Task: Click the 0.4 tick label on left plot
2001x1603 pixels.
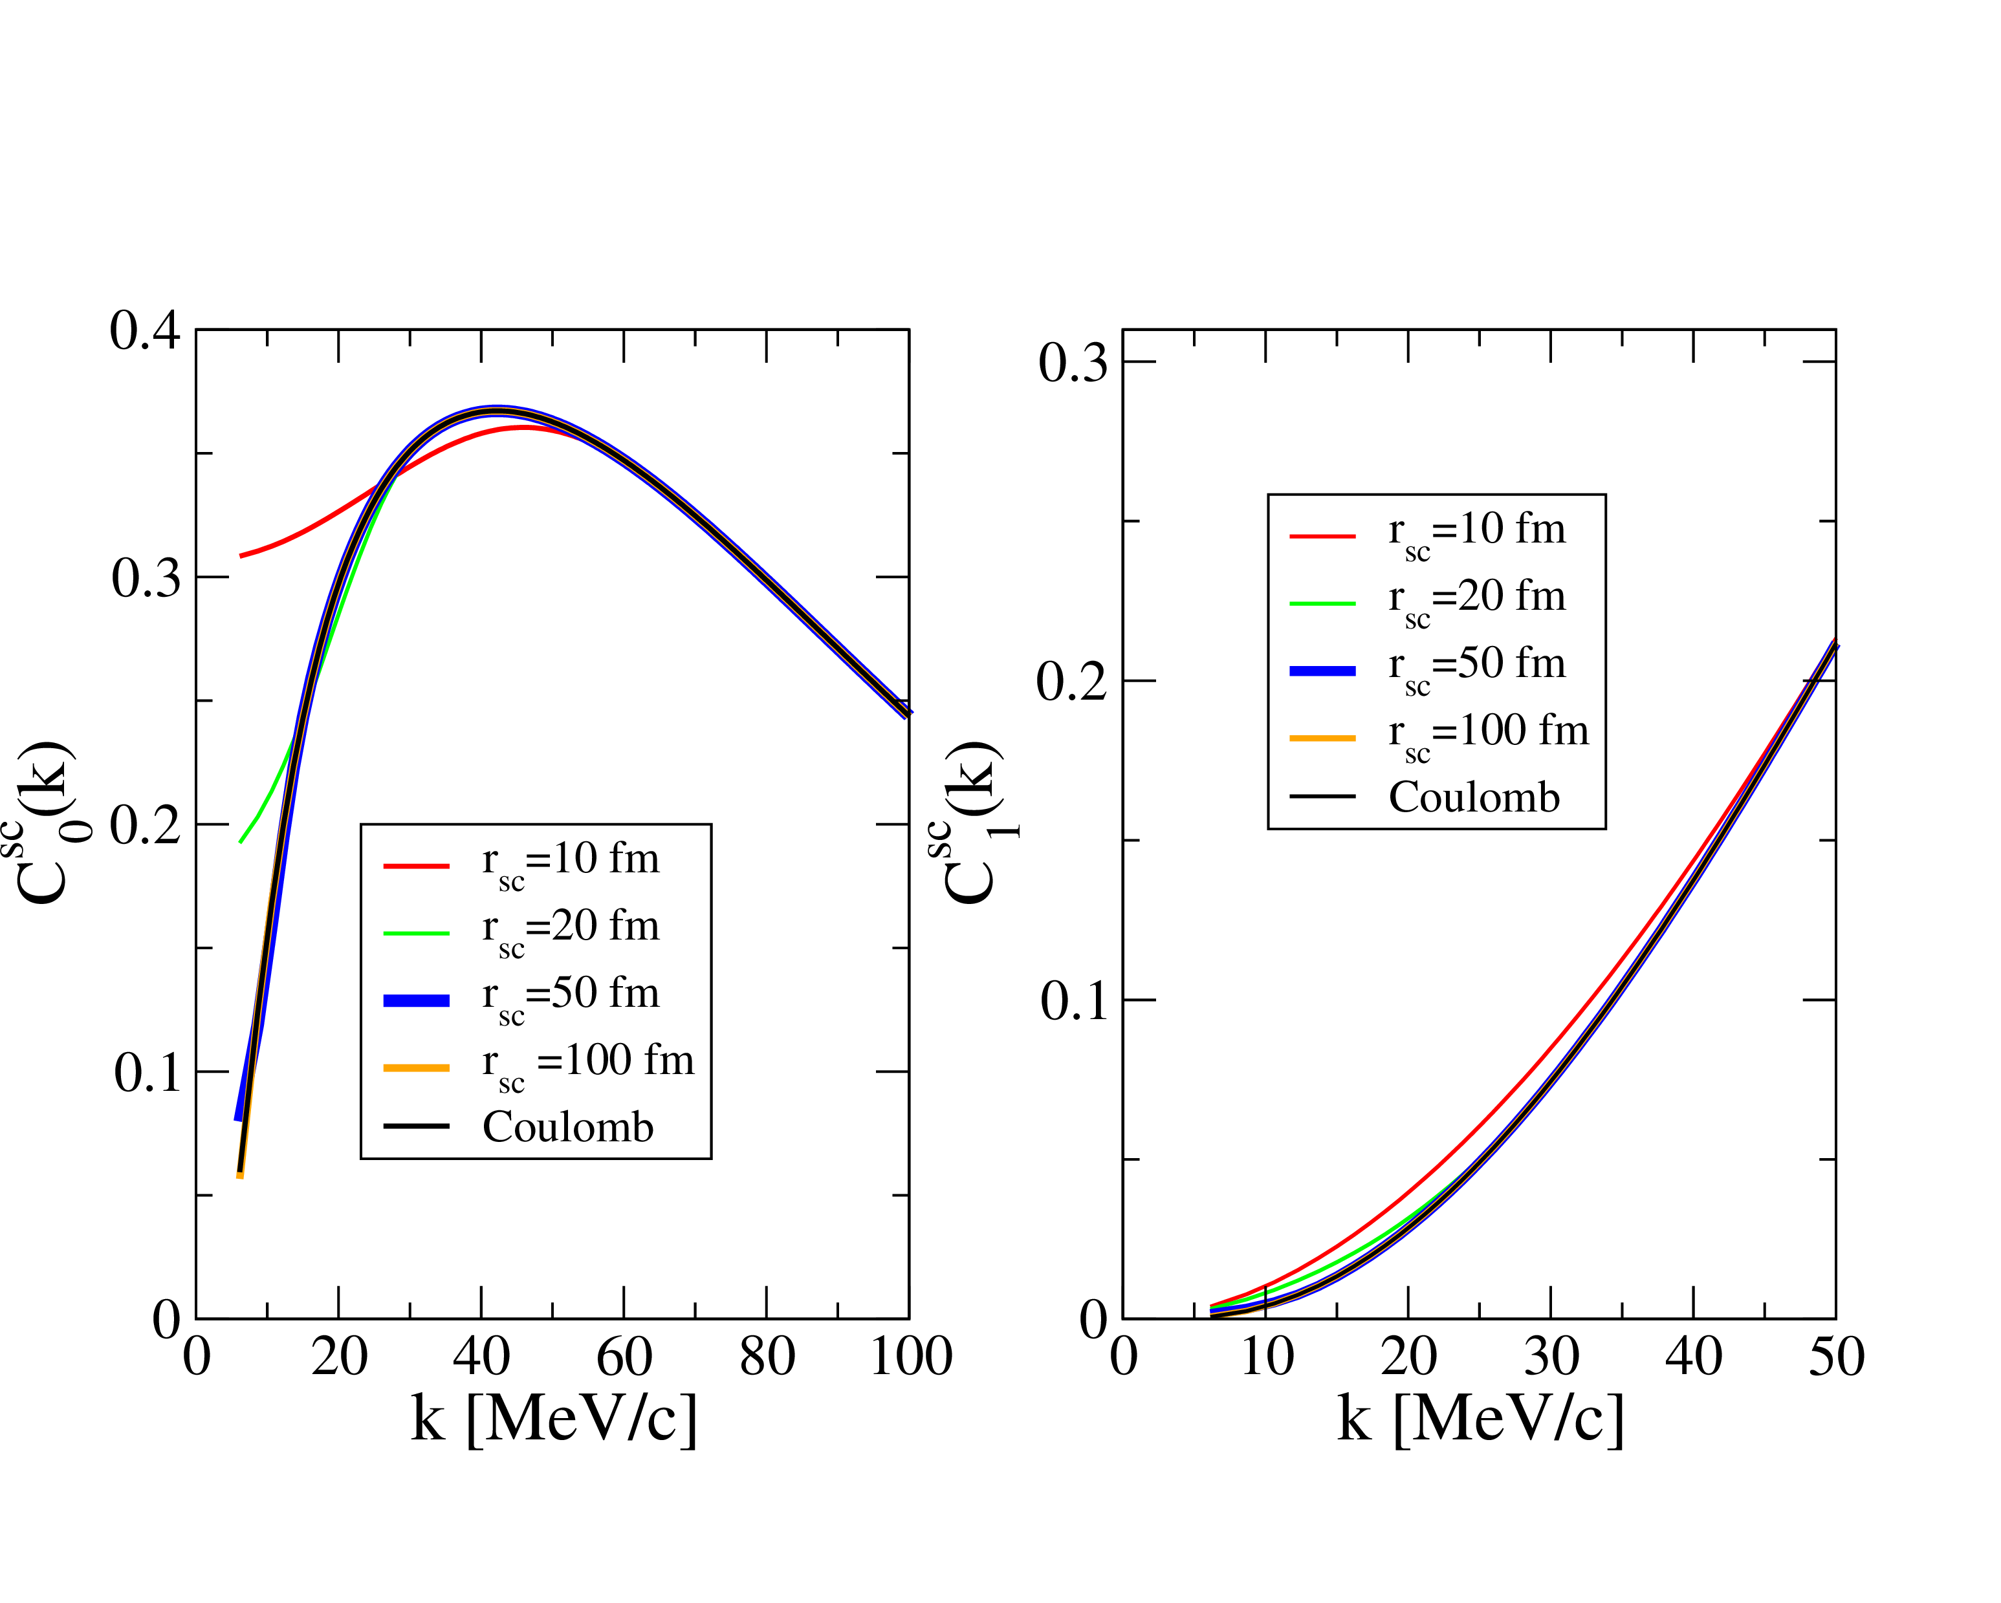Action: point(145,331)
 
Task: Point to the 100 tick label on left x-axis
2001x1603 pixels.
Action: point(910,1357)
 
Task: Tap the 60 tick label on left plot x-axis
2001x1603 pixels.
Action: point(624,1357)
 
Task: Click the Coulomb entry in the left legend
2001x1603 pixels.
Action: point(568,1127)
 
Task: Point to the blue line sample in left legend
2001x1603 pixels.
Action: point(417,1001)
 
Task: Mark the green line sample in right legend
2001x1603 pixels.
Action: point(1322,604)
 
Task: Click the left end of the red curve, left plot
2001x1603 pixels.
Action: point(241,555)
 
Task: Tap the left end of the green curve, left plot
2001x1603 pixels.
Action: point(241,841)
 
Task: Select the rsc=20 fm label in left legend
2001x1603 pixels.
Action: point(570,929)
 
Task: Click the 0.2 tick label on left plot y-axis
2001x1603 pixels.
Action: point(145,824)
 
